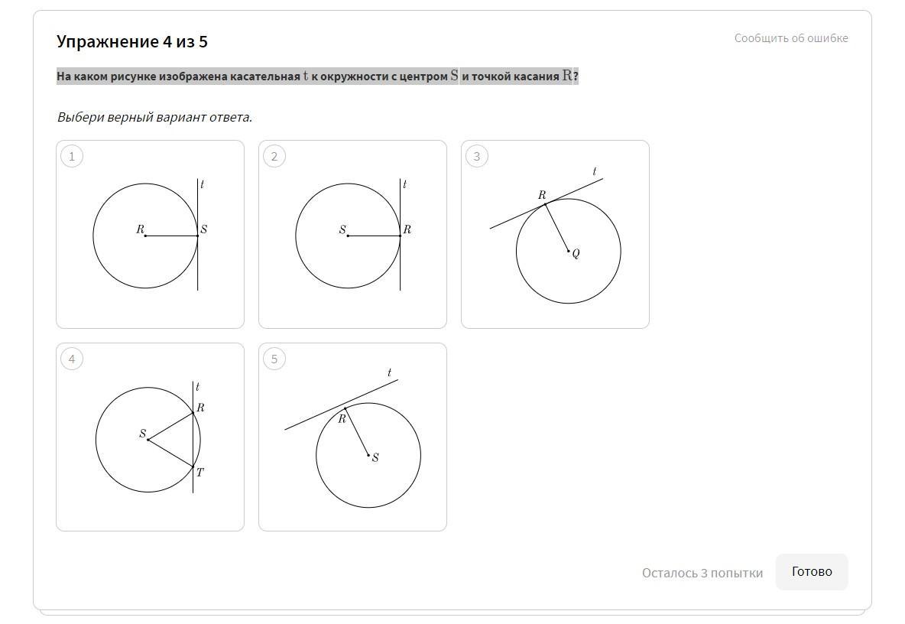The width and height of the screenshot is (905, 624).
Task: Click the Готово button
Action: click(x=812, y=571)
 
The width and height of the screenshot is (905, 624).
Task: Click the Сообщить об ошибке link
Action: click(x=790, y=38)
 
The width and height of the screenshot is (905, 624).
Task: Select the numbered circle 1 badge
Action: click(x=72, y=156)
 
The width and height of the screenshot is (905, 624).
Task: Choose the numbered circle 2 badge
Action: click(x=274, y=156)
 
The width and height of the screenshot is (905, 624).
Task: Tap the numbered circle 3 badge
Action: click(x=477, y=156)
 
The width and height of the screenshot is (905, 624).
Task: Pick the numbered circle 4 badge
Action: click(x=72, y=359)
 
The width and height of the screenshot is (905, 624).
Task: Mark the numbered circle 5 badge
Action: click(x=274, y=359)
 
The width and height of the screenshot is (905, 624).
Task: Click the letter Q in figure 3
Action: click(x=576, y=253)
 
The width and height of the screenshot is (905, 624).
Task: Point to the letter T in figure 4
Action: click(x=199, y=472)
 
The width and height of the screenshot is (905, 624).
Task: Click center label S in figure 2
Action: click(x=342, y=229)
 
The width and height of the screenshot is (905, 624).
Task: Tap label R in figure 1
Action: click(x=140, y=229)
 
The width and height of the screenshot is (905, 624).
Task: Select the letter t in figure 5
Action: click(x=390, y=372)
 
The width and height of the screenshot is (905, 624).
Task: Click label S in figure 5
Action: click(x=375, y=457)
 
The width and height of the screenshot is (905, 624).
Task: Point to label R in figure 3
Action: click(x=542, y=195)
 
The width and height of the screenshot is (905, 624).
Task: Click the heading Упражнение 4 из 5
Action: click(x=132, y=41)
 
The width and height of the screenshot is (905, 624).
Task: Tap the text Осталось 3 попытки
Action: click(x=702, y=573)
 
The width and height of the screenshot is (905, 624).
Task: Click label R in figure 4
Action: click(x=200, y=408)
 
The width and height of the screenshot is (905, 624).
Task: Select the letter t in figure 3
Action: click(x=595, y=171)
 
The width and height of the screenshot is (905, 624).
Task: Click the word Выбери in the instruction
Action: click(x=79, y=117)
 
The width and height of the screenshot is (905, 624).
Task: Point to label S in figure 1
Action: click(x=204, y=229)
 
